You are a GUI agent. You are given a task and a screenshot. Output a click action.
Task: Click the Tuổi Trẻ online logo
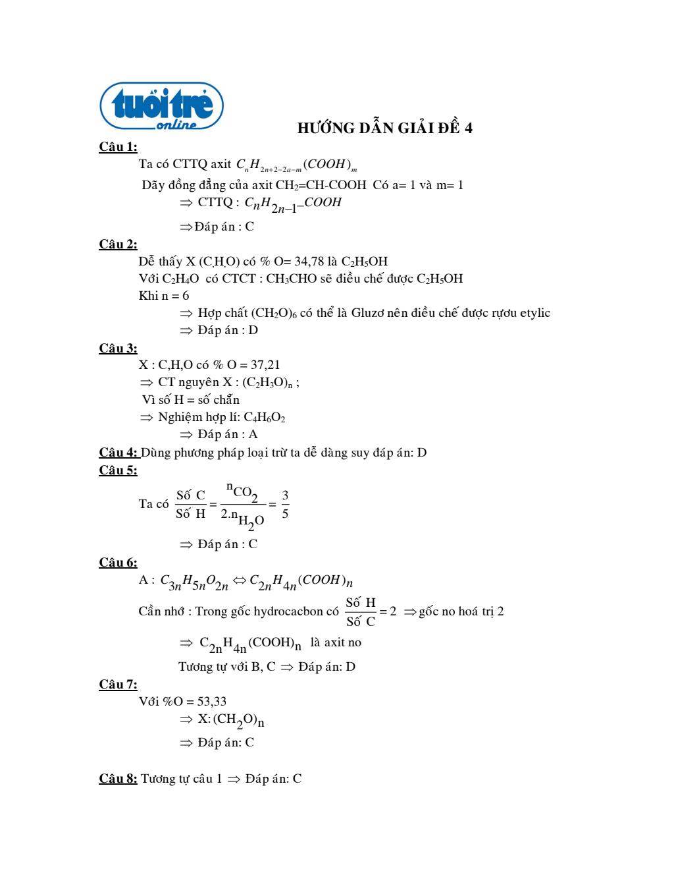click(x=161, y=106)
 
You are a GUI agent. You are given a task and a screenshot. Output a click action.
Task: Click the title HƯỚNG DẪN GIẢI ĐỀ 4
click(x=384, y=128)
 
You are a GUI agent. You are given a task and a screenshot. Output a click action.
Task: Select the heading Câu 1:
click(x=118, y=147)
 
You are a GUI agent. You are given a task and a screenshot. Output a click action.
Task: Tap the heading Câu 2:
click(x=118, y=244)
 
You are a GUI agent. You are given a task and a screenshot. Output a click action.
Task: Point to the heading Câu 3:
click(x=118, y=349)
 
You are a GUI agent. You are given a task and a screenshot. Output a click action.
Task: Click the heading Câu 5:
click(x=118, y=470)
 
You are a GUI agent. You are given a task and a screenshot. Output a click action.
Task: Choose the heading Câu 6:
click(x=118, y=563)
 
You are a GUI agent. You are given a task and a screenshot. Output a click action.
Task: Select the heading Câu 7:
click(x=118, y=685)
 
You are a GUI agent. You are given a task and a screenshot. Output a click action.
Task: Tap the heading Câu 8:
click(x=118, y=779)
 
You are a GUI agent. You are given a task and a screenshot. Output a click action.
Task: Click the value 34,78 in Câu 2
click(x=309, y=262)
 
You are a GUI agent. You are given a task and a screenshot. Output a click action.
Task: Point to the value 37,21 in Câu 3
click(x=265, y=365)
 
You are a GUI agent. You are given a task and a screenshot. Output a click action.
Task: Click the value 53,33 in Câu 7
click(x=211, y=702)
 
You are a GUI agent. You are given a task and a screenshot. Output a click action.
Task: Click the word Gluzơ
click(x=367, y=313)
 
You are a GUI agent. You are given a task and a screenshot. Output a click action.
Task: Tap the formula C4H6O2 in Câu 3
click(x=264, y=417)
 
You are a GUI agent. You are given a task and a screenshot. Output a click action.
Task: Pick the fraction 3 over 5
click(x=285, y=504)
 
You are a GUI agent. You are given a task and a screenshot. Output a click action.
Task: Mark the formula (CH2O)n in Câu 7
click(x=238, y=720)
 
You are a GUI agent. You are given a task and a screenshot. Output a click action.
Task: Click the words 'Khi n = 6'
click(x=164, y=296)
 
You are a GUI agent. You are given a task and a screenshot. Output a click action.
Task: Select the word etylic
click(x=534, y=313)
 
